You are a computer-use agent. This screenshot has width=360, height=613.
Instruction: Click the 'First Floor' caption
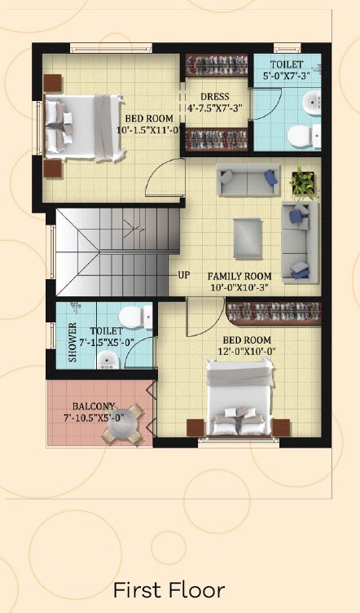(x=169, y=590)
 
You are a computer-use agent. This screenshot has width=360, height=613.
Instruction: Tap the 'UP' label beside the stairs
(x=184, y=275)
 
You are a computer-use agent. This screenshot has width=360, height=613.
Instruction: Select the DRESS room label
(x=215, y=97)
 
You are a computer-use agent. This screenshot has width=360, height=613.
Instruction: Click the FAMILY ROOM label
(x=239, y=277)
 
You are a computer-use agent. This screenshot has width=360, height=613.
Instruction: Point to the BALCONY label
(x=94, y=406)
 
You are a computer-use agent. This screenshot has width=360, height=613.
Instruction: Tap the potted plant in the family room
(x=303, y=182)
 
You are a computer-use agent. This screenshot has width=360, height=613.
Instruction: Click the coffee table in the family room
(x=248, y=238)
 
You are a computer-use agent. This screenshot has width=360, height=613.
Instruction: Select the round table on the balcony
(x=121, y=424)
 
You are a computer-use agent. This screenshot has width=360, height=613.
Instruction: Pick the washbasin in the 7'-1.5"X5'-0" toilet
(x=108, y=360)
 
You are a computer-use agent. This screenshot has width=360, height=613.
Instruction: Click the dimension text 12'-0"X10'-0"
(x=247, y=352)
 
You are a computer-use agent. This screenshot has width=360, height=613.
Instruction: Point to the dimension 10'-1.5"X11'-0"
(x=147, y=130)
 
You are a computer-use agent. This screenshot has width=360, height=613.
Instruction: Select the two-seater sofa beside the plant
(x=248, y=179)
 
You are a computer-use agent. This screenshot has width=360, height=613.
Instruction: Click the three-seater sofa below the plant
(x=301, y=242)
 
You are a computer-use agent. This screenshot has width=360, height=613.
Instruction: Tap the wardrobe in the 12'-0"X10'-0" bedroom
(x=274, y=313)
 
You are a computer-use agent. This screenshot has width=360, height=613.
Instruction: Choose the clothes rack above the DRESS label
(x=217, y=65)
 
